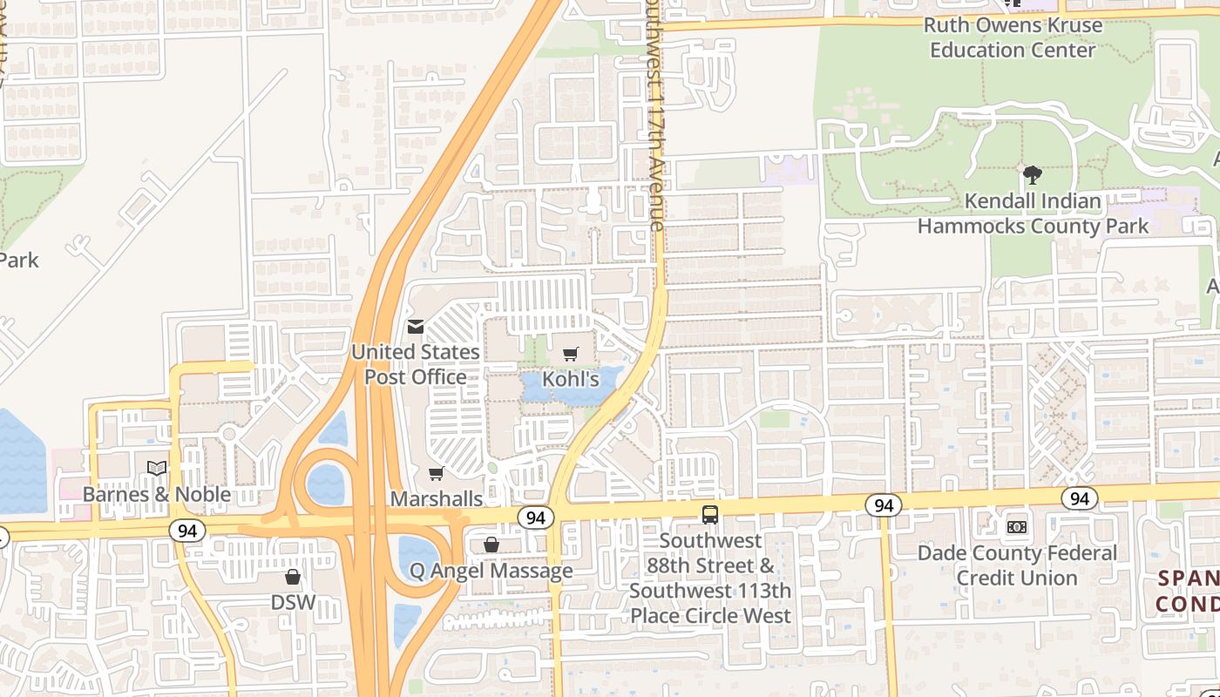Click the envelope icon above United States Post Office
416,327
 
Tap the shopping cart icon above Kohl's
571,354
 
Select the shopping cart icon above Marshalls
436,473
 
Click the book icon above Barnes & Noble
157,469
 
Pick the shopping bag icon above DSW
293,577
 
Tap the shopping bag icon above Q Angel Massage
491,545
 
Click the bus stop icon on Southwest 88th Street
710,515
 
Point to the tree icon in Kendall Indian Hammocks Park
1033,175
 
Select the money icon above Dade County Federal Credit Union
1017,527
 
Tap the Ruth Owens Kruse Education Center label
1013,37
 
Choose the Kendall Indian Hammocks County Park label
1033,213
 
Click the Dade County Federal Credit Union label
1017,565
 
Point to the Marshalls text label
436,498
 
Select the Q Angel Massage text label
491,571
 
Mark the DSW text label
293,602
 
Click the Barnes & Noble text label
157,494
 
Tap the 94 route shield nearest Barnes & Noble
186,531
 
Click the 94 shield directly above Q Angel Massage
536,518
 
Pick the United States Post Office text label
416,364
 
